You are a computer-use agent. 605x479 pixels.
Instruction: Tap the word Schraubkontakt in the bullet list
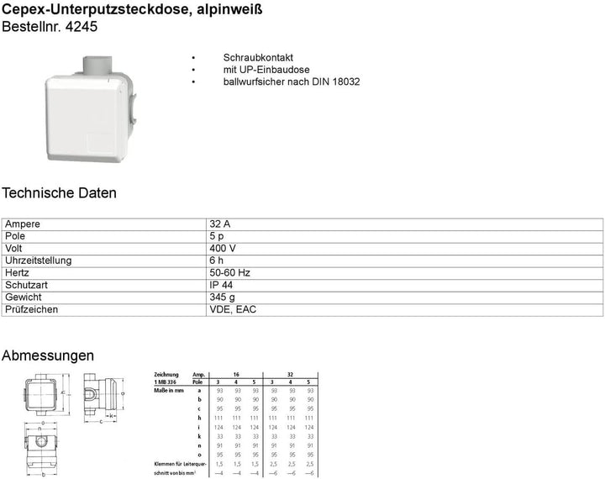[x=246, y=57]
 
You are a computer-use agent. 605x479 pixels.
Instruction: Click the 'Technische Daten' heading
[x=59, y=193]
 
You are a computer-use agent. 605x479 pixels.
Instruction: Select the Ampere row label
[x=23, y=225]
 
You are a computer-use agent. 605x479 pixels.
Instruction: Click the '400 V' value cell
[x=223, y=249]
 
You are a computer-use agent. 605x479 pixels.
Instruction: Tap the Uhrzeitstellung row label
[x=39, y=261]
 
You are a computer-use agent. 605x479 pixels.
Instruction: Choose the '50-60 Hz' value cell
[x=230, y=273]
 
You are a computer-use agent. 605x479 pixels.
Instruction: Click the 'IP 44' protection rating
[x=222, y=285]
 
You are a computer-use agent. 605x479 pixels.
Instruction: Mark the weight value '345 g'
[x=223, y=297]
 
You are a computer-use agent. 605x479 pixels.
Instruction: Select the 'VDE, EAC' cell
[x=233, y=309]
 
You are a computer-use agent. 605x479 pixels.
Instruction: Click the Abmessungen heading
[x=48, y=356]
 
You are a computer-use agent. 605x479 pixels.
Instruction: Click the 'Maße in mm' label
[x=169, y=391]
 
